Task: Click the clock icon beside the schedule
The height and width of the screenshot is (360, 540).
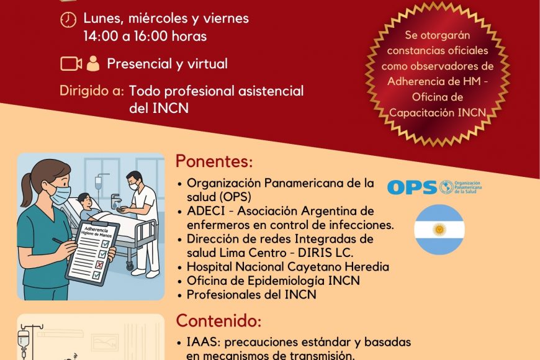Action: (x=68, y=19)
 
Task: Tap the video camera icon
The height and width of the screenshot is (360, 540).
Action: (x=71, y=64)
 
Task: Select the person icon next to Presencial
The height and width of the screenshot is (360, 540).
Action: (x=93, y=63)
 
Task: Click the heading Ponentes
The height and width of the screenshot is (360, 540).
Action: (x=214, y=161)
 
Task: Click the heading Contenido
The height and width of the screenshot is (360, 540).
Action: (x=218, y=320)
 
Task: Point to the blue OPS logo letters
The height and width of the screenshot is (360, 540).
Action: (x=412, y=187)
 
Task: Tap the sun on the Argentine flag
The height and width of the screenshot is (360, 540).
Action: (x=439, y=229)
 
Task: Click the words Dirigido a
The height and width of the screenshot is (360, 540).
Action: (x=92, y=91)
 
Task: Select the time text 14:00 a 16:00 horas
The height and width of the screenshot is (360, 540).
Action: (x=145, y=36)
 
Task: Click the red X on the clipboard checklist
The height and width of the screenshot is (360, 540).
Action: (x=99, y=264)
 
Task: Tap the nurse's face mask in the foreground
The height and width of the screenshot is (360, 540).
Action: (x=61, y=194)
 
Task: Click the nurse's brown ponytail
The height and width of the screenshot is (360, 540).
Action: (x=27, y=189)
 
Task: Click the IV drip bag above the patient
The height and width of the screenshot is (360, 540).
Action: (x=99, y=182)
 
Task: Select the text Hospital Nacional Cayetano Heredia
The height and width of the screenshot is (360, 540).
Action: (x=288, y=267)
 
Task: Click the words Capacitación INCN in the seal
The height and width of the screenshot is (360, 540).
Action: (x=438, y=112)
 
